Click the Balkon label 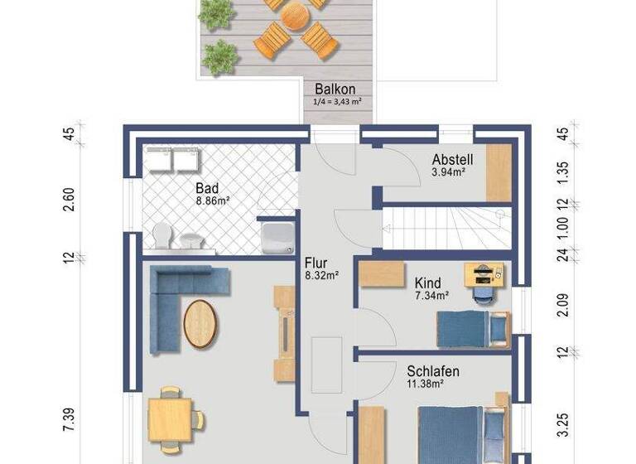point(335,89)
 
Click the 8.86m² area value point(212,200)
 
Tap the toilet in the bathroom point(161,236)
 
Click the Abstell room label point(453,159)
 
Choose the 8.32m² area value point(322,275)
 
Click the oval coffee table point(201,322)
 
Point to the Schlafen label point(432,371)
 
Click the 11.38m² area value point(432,384)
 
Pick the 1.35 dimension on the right point(564,174)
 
